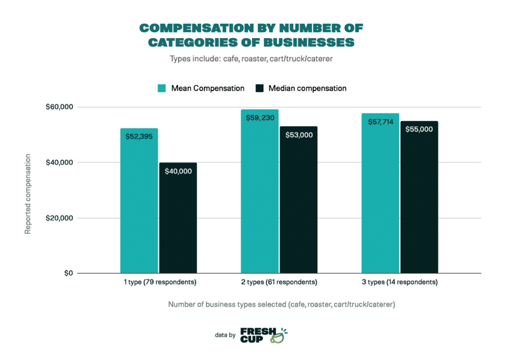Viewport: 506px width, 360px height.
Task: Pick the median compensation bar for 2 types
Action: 298,203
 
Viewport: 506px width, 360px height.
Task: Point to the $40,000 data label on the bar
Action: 178,171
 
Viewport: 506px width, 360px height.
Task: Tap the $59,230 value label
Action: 260,118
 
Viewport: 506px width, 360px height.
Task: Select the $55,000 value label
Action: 419,129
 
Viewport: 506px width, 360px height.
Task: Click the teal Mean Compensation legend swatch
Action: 162,89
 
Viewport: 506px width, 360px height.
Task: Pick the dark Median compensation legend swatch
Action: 259,89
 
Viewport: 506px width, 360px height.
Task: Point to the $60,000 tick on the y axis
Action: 60,107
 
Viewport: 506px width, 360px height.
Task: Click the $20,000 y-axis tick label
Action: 60,218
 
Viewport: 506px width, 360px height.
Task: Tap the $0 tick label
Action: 68,273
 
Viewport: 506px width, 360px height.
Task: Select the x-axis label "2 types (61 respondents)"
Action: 279,283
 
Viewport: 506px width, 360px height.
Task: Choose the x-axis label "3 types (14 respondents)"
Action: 400,283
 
